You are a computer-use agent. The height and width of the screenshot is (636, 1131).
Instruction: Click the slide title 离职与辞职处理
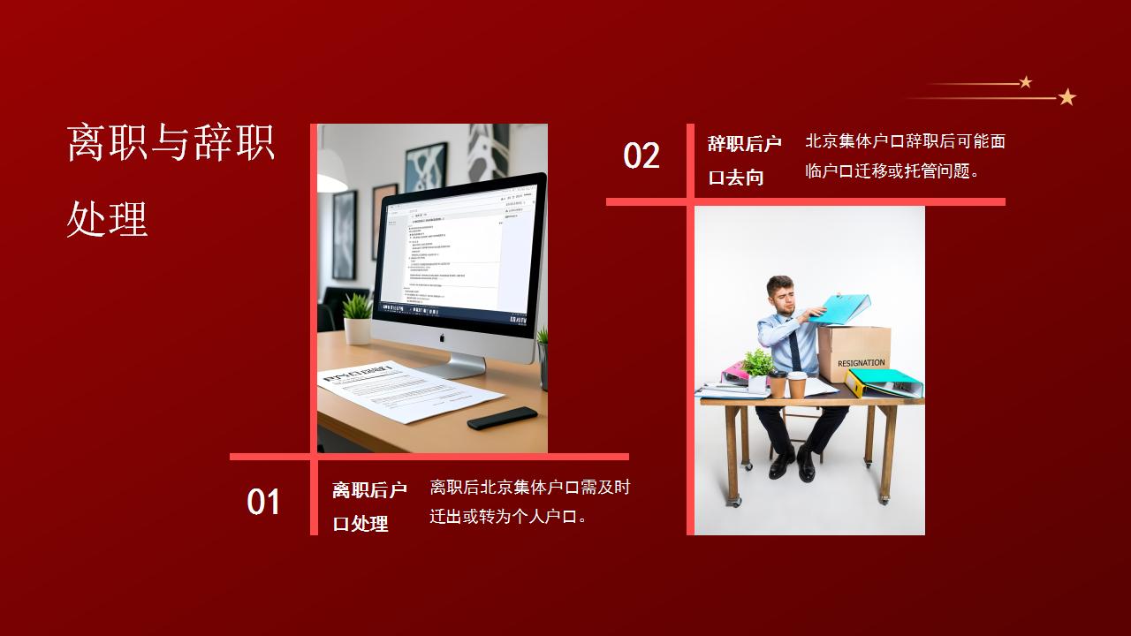171,180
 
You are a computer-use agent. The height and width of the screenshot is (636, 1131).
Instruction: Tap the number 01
263,502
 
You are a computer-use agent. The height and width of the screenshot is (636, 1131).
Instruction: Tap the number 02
641,155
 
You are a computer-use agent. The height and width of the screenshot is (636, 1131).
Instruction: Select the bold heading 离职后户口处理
369,507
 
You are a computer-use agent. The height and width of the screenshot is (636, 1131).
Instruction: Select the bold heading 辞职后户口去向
744,160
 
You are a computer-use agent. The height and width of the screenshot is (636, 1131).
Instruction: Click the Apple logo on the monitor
444,337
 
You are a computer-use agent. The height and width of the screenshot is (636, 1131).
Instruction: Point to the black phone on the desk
502,418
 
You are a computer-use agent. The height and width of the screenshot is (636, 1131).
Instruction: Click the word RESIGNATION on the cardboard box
861,363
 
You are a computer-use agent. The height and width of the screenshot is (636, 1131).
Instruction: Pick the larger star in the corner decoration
1066,97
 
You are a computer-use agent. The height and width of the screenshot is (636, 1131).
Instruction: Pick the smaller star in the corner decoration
1026,82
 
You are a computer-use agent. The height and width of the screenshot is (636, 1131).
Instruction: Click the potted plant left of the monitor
357,317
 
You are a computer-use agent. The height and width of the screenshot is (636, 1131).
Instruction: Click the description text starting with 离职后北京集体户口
530,502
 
